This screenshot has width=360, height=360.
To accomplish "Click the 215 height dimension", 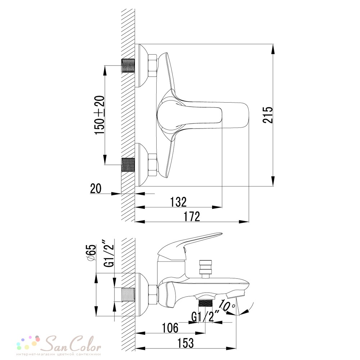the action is [268, 115].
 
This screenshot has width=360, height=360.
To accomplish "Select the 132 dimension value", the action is [179, 202].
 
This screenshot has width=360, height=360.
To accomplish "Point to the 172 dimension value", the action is [192, 216].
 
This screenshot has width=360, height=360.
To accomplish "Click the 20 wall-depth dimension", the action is [96, 189].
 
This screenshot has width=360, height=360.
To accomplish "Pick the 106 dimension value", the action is [170, 328].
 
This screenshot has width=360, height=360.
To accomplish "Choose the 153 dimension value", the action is [185, 343].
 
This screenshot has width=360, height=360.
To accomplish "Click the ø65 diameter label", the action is [92, 253].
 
